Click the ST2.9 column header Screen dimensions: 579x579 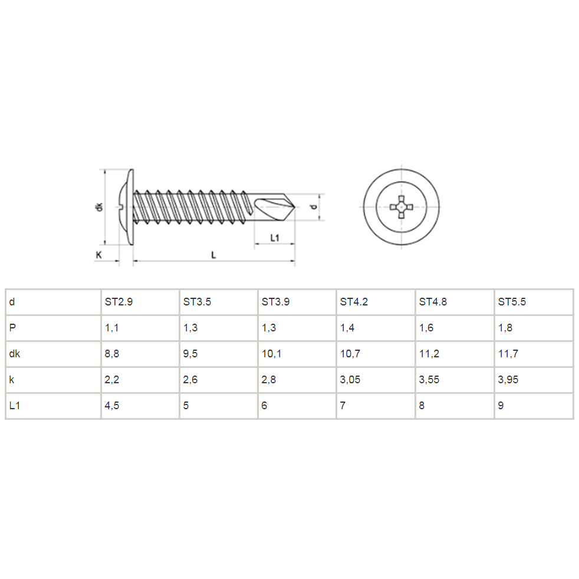coord(119,302)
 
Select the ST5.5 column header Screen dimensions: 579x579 coord(512,302)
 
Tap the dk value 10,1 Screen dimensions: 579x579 coord(271,354)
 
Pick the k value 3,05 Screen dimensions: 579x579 coord(350,380)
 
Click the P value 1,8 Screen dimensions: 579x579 coord(505,328)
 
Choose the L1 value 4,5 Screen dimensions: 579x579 coord(112,406)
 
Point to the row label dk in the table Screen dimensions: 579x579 coord(14,354)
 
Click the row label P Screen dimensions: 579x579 coord(12,328)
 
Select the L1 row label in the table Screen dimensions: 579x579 coord(14,406)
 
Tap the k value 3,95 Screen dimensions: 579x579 coord(508,380)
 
